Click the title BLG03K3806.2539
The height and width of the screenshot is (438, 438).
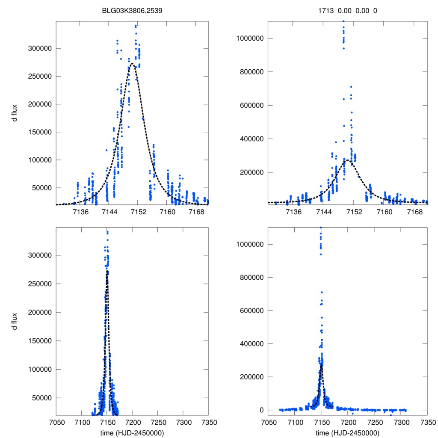132,11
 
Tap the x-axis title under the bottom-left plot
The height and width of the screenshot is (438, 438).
132,433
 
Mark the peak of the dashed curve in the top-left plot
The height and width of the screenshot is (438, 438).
132,64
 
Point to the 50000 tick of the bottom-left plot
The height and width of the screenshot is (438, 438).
42,398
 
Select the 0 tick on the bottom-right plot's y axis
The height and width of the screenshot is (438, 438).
260,410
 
